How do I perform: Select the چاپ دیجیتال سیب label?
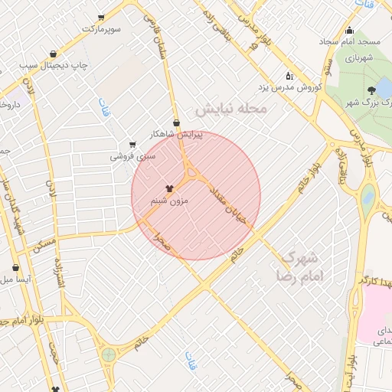click(x=54, y=64)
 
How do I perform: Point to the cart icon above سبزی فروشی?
click(x=132, y=144)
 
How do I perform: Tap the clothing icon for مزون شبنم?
click(x=169, y=188)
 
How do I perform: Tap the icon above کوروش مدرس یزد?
click(x=289, y=76)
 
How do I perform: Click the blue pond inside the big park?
click(x=368, y=198)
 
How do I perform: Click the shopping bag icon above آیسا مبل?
click(x=16, y=269)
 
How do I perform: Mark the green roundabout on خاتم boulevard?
click(x=109, y=354)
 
